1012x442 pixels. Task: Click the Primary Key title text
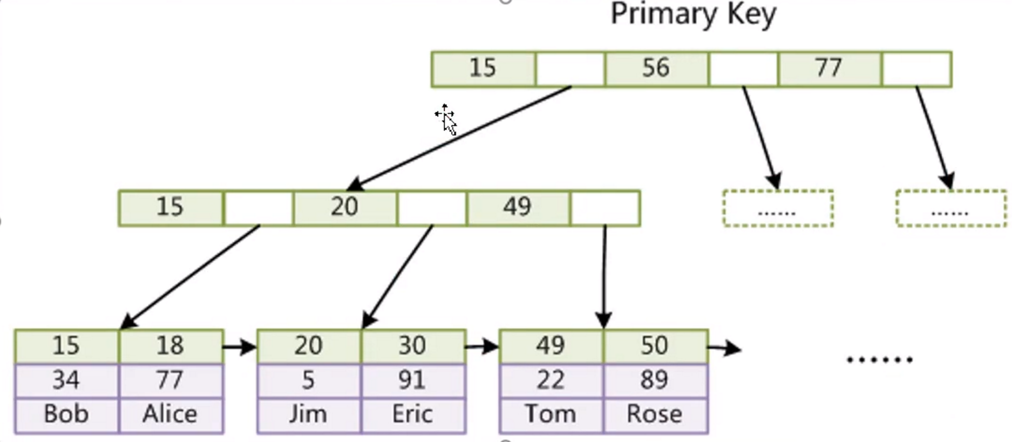pyautogui.click(x=693, y=14)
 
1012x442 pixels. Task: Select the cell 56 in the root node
pyautogui.click(x=656, y=69)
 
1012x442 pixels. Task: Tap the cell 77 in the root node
pyautogui.click(x=830, y=69)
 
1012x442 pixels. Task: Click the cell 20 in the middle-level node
pyautogui.click(x=344, y=207)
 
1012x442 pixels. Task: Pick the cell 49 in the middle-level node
pyautogui.click(x=518, y=207)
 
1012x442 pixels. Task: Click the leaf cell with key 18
pyautogui.click(x=170, y=346)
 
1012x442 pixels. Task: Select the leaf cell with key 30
pyautogui.click(x=412, y=346)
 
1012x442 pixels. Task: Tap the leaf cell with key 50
pyautogui.click(x=655, y=346)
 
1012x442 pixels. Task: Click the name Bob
pyautogui.click(x=66, y=414)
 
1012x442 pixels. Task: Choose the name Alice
pyautogui.click(x=170, y=414)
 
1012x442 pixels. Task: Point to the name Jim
pyautogui.click(x=308, y=414)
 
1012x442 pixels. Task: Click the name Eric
pyautogui.click(x=412, y=414)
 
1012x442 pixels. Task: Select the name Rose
pyautogui.click(x=655, y=414)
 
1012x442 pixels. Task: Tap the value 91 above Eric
pyautogui.click(x=412, y=380)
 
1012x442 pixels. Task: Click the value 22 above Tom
pyautogui.click(x=551, y=380)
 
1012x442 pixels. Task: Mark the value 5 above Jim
pyautogui.click(x=308, y=380)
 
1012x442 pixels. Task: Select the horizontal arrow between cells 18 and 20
pyautogui.click(x=240, y=346)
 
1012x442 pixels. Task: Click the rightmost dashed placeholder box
pyautogui.click(x=951, y=208)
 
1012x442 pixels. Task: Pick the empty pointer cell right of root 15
pyautogui.click(x=570, y=69)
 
